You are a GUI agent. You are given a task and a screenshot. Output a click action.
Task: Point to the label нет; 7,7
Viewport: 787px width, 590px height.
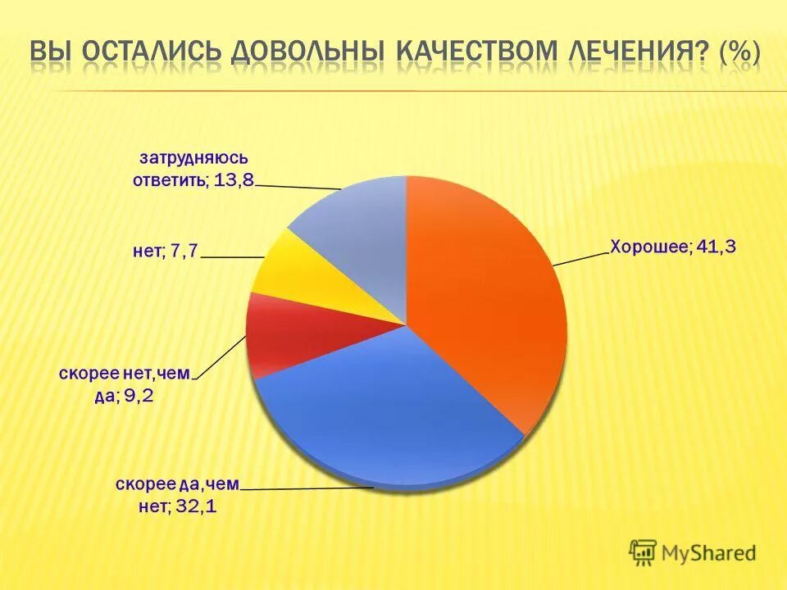pyautogui.click(x=165, y=252)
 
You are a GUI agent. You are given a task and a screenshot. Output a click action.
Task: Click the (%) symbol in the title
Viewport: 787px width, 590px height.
pyautogui.click(x=740, y=50)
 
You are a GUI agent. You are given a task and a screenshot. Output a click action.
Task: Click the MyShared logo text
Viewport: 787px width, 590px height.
pyautogui.click(x=709, y=553)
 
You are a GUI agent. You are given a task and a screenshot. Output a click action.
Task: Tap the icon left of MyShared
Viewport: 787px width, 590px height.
pyautogui.click(x=644, y=553)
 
